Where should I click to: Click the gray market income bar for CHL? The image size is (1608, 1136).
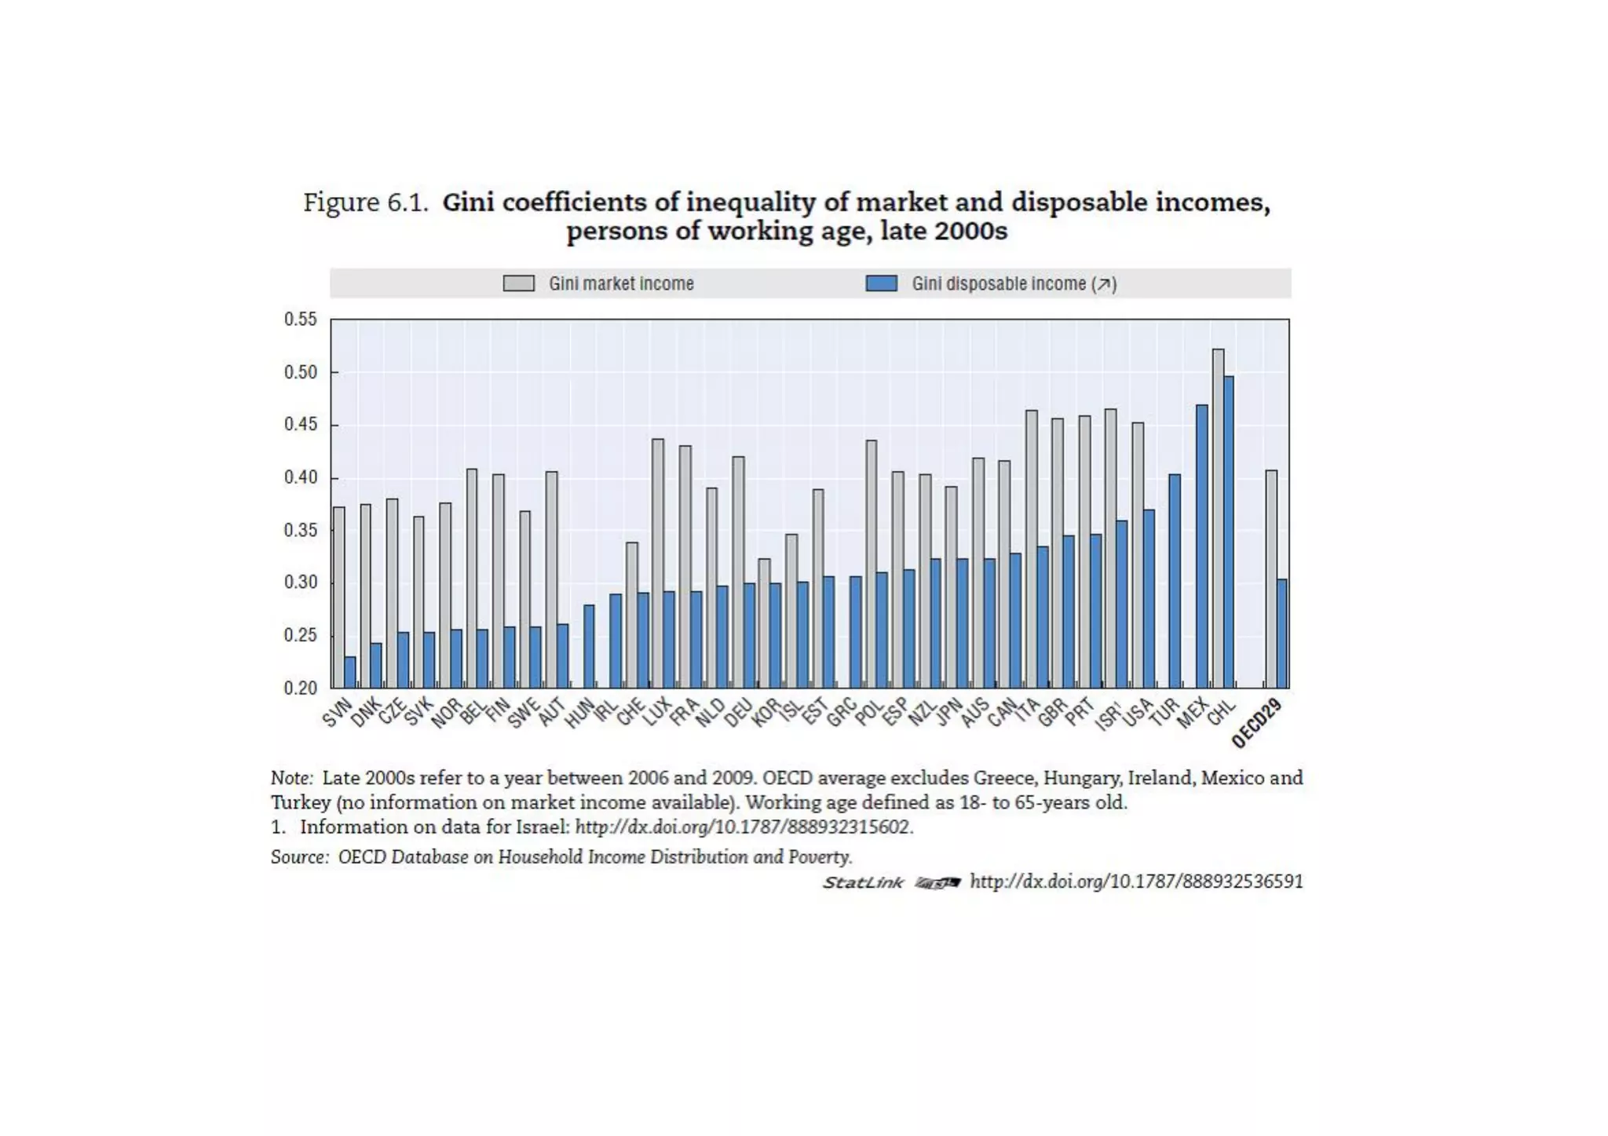coord(1218,518)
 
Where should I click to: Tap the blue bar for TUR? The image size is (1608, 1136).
coord(1175,581)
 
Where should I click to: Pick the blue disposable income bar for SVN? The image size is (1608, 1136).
coord(350,672)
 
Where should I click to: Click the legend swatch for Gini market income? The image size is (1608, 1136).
coord(519,283)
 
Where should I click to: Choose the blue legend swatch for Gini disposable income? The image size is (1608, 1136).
coord(881,283)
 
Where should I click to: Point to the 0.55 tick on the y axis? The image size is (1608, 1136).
coord(301,320)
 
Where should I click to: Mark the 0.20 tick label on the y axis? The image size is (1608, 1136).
coord(301,689)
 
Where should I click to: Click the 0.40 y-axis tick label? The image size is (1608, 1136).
coord(301,477)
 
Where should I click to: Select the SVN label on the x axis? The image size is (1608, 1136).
coord(336,713)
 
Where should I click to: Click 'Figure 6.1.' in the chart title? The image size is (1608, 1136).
coord(366,203)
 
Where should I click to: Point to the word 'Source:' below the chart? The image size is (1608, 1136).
coord(299,857)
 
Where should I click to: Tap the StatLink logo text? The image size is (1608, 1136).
coord(863,882)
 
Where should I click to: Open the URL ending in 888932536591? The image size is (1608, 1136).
coord(1136,882)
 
